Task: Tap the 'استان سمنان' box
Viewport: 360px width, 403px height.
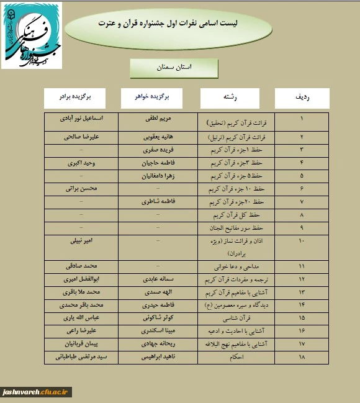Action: pos(174,66)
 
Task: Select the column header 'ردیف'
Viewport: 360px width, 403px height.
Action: pos(302,97)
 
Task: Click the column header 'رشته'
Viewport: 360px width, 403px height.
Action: pos(230,97)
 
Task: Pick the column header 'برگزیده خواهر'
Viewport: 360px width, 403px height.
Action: pos(151,97)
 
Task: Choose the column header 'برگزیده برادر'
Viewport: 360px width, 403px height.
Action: pos(75,97)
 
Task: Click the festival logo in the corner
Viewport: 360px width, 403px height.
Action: pos(32,35)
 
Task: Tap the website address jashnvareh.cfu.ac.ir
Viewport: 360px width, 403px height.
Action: pos(37,392)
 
